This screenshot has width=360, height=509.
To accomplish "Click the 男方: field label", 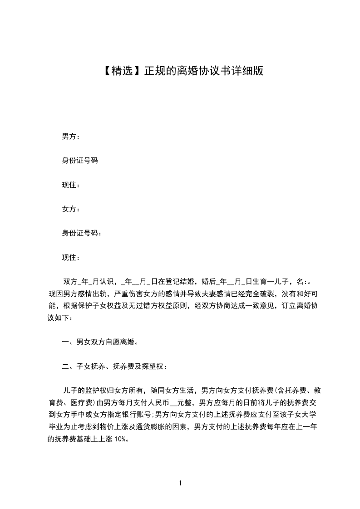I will coord(71,136).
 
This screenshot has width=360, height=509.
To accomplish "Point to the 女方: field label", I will coord(71,209).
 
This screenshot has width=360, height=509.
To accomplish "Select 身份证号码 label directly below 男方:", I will coord(80,161).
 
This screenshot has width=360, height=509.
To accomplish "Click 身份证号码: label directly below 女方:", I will coord(82,233).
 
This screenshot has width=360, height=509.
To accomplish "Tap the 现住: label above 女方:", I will coord(71,185).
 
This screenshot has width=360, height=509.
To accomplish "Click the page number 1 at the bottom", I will coord(180,483).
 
